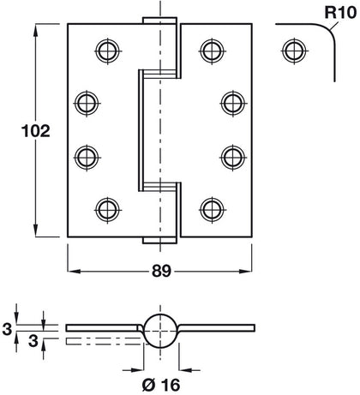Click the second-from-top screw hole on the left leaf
(87, 102)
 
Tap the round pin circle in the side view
(159, 329)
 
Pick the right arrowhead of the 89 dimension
(249, 271)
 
